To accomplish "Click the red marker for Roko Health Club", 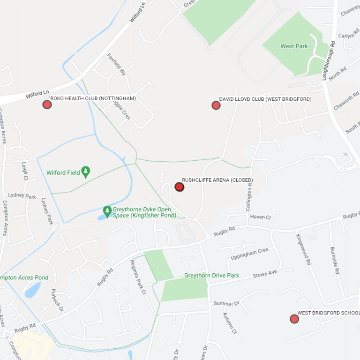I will click(x=47, y=105).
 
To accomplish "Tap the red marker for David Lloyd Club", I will click(x=216, y=105).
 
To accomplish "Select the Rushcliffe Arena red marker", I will click(x=179, y=187).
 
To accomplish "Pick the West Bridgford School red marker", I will click(x=294, y=319).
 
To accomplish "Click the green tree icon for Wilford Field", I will click(x=85, y=172).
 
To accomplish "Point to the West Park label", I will click(x=294, y=46).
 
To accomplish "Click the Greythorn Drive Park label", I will click(x=211, y=275).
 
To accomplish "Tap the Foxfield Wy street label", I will click(x=116, y=65).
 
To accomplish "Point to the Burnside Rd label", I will click(x=334, y=260).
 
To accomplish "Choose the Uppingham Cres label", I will click(x=249, y=254).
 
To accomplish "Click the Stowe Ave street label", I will click(x=265, y=273).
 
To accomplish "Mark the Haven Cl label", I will click(x=261, y=217).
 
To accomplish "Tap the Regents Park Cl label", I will click(x=138, y=277).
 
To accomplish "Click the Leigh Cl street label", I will click(x=25, y=172).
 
